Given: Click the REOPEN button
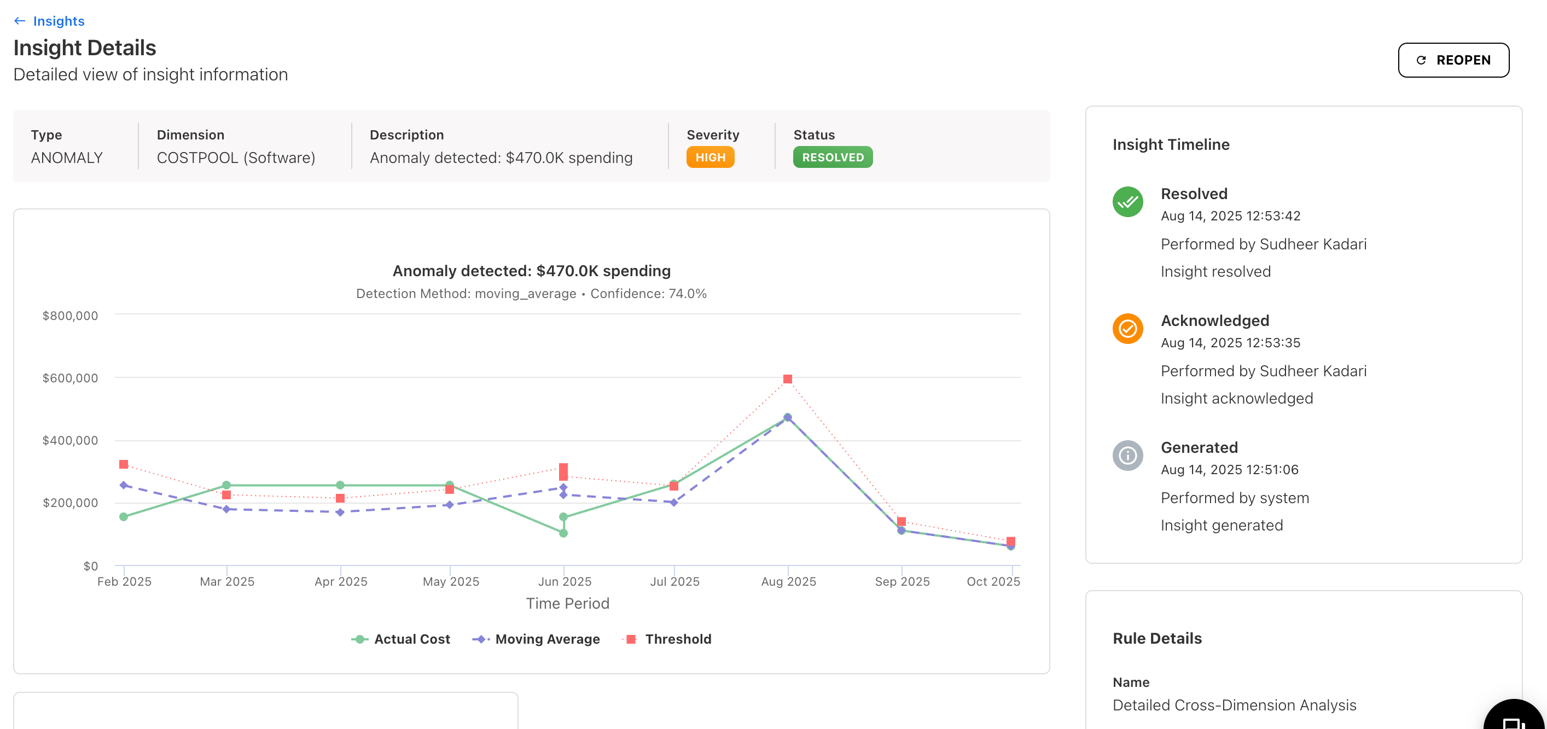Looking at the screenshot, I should tap(1453, 60).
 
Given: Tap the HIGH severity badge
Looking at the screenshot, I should tap(710, 158).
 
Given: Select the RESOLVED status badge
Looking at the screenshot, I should tap(833, 158).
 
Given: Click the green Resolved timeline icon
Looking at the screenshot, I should tap(1127, 202).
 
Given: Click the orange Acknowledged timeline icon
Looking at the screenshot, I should tap(1127, 329).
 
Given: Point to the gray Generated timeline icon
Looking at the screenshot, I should tap(1127, 455).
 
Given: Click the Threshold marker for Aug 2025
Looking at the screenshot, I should tap(787, 379).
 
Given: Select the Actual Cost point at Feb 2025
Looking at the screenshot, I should tap(124, 516).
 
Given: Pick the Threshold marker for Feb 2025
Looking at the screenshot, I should tap(124, 464).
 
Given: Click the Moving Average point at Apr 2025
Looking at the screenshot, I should tap(340, 512).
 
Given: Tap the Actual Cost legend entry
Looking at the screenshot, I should tap(400, 639).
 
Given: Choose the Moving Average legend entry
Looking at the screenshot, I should tap(536, 639).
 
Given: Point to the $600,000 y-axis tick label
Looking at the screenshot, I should tap(69, 378).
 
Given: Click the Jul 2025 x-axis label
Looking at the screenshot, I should tap(674, 581).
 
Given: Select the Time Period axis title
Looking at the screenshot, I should tap(567, 604).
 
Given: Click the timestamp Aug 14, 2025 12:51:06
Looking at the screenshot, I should tap(1229, 470).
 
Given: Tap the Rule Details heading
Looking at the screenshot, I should tap(1156, 638).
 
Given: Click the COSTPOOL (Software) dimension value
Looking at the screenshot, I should tap(235, 158).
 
